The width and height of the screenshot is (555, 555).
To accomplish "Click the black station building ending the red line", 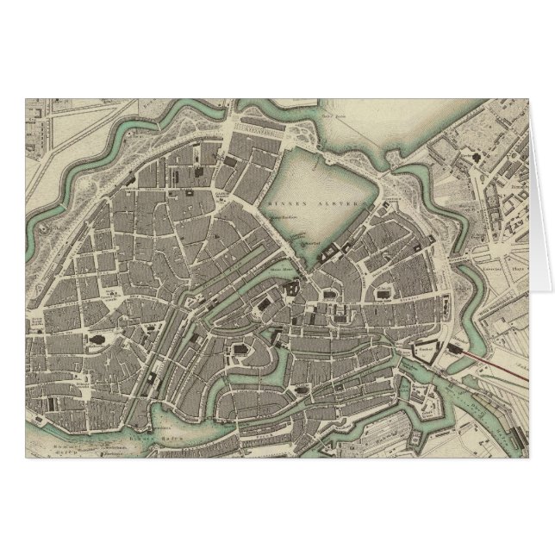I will pyautogui.click(x=455, y=349).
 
